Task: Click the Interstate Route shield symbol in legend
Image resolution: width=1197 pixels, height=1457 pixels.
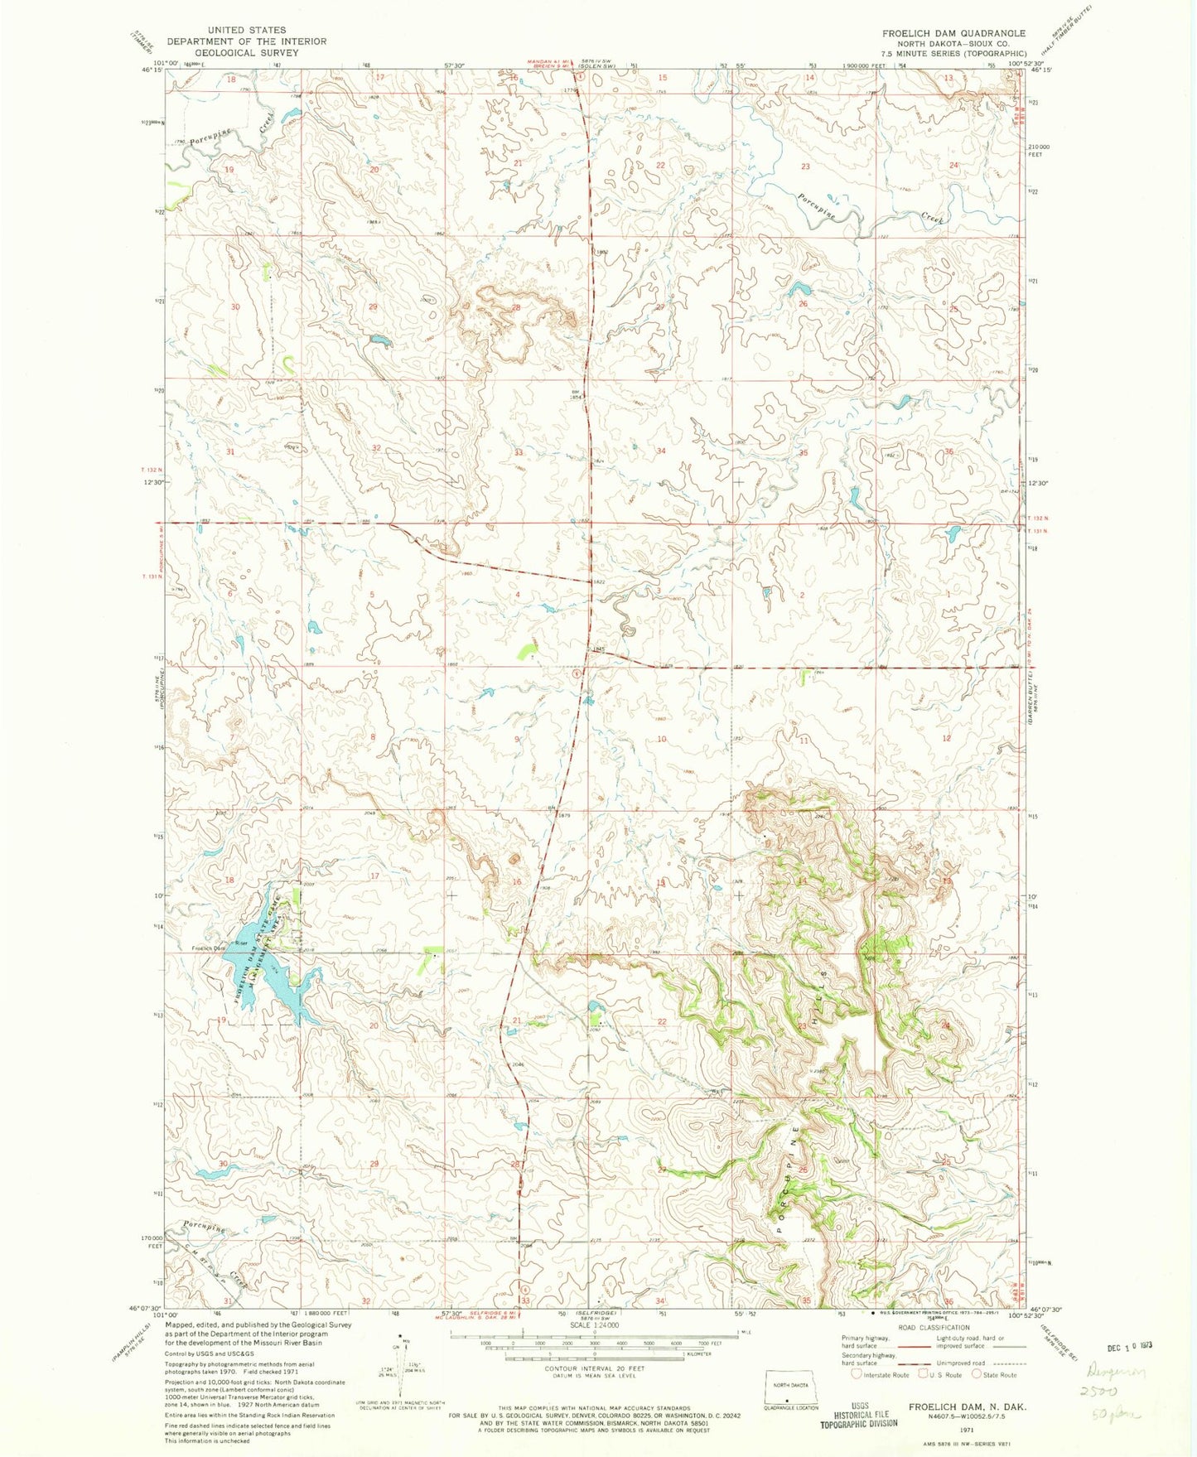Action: pos(856,1374)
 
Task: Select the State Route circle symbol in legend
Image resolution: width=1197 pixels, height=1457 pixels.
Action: pos(978,1374)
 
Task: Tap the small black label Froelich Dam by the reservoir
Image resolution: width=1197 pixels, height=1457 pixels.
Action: pos(209,948)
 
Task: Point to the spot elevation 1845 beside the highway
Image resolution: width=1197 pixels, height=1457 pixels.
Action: pos(600,649)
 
